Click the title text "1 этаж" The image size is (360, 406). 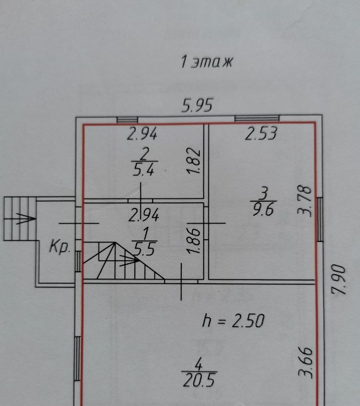[x=206, y=62]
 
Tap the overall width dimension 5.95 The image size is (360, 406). [x=198, y=106]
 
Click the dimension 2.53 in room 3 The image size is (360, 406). [x=261, y=134]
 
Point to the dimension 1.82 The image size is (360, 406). [x=193, y=162]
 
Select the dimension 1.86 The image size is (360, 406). [x=193, y=240]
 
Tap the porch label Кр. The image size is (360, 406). [x=60, y=247]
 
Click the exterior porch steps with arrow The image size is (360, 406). [x=19, y=218]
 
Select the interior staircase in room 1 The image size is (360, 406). [x=123, y=261]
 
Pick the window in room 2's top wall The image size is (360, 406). [x=127, y=120]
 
